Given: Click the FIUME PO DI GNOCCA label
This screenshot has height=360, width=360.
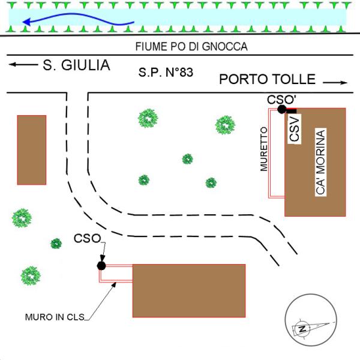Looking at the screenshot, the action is (191, 47).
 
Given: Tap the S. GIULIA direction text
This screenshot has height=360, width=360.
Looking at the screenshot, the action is (76, 65).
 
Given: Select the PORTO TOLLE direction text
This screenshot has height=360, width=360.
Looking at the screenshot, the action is (267, 79).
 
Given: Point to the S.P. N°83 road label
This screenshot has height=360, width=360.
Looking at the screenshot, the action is (166, 73).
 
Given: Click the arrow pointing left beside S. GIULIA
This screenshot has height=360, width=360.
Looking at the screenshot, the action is (23, 65).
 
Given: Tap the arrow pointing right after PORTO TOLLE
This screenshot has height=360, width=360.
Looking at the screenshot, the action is (335, 82).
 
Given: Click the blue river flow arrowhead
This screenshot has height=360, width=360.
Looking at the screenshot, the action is (26, 22).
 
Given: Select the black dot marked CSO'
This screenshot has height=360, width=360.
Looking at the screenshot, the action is (282, 109).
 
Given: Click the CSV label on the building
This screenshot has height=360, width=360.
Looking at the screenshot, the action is (295, 129).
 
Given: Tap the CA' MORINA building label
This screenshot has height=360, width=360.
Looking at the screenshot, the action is (320, 162).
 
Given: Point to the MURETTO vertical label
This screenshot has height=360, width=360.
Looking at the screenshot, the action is (264, 149).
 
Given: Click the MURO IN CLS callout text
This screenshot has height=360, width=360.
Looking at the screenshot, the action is (55, 317).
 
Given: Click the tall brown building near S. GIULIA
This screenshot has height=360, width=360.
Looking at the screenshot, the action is (32, 150).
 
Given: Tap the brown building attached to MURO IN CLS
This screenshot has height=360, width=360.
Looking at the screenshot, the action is (189, 290).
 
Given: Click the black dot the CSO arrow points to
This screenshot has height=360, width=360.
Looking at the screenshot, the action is (101, 266).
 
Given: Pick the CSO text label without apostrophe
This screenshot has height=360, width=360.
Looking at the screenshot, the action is (87, 238).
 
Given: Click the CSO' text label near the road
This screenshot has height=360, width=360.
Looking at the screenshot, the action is (281, 100).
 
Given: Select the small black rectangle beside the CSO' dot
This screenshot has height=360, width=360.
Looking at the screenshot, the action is (292, 111).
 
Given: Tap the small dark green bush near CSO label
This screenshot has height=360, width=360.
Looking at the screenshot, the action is (56, 244).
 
